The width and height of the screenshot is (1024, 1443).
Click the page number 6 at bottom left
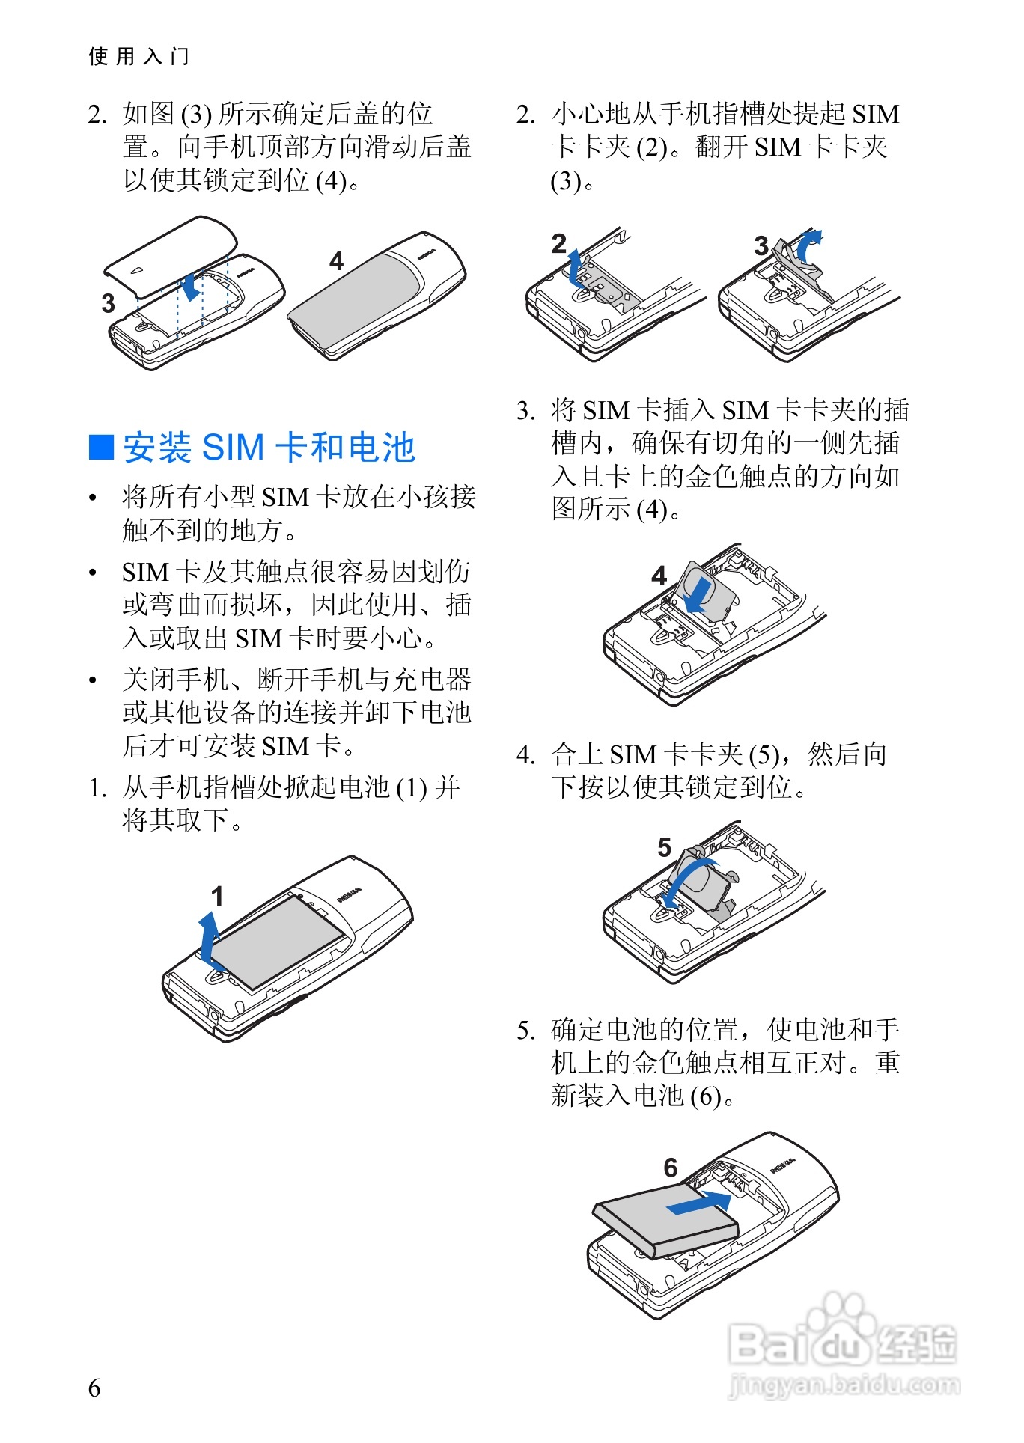(94, 1388)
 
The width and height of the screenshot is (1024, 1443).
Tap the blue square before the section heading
(101, 447)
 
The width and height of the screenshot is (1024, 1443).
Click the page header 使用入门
(138, 56)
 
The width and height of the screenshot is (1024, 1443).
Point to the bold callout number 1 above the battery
(217, 896)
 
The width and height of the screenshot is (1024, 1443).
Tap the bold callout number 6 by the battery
(671, 1168)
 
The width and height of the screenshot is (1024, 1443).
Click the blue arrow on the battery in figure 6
(699, 1203)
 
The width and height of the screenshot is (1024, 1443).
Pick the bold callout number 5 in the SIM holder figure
(664, 847)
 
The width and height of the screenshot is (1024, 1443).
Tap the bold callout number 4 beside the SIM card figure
(659, 576)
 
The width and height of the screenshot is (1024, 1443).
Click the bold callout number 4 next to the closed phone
(336, 260)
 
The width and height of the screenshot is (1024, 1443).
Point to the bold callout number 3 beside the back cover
(109, 303)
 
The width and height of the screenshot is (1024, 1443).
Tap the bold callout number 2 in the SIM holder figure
(559, 244)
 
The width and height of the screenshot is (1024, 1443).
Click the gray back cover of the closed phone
(359, 296)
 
